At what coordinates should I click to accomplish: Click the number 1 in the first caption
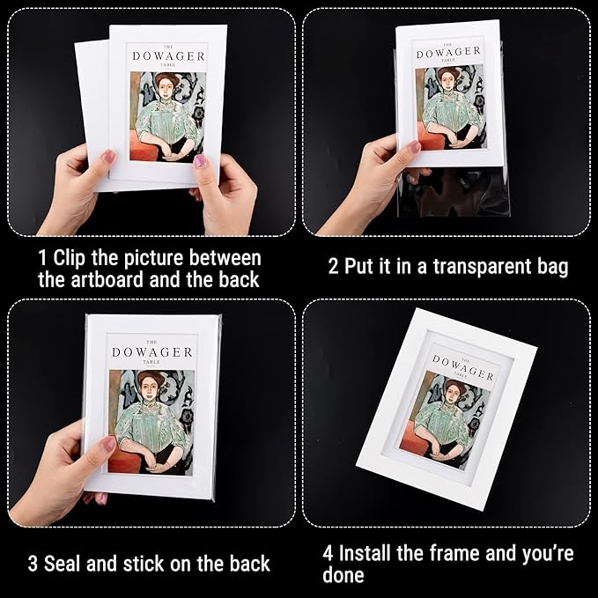[43, 259]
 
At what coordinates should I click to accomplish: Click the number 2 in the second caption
[334, 266]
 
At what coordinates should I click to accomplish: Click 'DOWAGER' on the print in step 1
[169, 55]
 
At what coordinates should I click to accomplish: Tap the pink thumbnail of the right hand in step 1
[202, 161]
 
